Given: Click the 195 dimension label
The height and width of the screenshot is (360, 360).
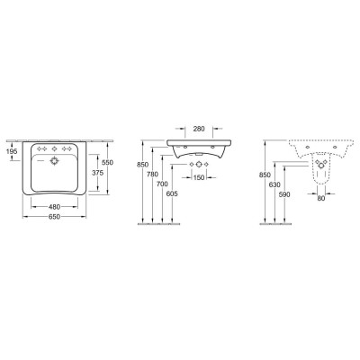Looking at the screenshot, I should pyautogui.click(x=11, y=153).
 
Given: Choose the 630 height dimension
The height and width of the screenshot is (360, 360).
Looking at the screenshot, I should pyautogui.click(x=274, y=184).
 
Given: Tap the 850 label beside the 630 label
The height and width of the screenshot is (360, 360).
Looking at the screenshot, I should pyautogui.click(x=263, y=173).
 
